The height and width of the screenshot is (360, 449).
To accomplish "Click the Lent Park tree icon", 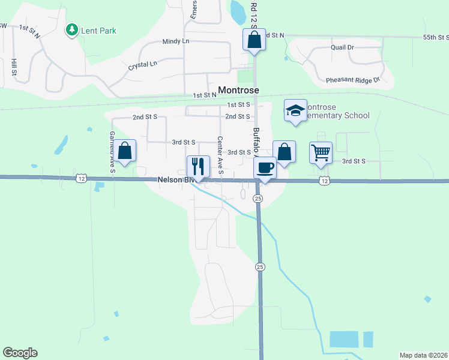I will coord(72,29).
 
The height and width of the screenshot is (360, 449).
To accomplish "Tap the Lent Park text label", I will coord(100,31).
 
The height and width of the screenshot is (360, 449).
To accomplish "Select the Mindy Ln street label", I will coord(175,41).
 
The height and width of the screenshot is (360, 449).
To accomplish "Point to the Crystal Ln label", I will coord(142,65).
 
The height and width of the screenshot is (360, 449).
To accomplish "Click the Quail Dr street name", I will coord(342,47).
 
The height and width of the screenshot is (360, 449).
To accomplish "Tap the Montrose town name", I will coord(238,90).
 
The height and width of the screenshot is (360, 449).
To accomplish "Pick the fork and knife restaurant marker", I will coord(198,166).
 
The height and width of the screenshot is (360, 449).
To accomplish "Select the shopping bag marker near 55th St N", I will coord(254,40).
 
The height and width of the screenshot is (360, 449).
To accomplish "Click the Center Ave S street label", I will coord(220,156).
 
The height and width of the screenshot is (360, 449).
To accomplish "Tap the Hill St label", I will coord(13,67).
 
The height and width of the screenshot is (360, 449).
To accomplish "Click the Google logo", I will coord(20,353).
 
